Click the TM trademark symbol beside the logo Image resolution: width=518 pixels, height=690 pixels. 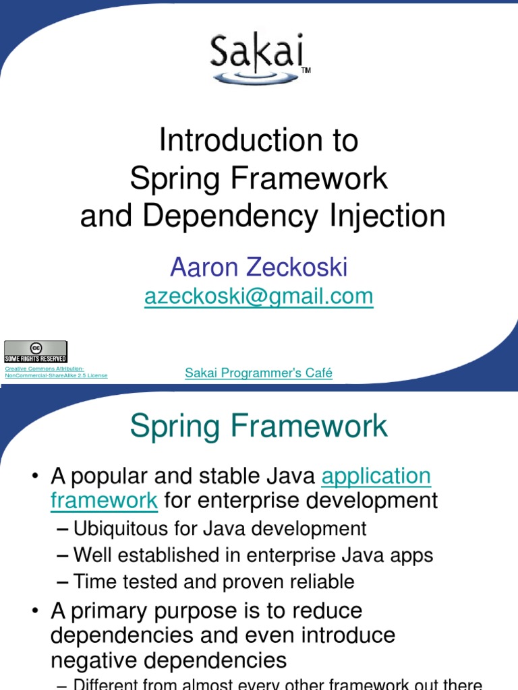(306, 70)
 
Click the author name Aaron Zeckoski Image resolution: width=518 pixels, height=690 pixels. (258, 267)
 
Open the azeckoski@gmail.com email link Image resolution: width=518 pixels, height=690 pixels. (258, 296)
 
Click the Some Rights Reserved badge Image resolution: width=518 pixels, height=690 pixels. (36, 352)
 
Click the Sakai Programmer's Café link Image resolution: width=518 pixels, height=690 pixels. (258, 373)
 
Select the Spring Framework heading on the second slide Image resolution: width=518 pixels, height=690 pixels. (258, 426)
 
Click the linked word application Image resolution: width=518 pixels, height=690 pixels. (376, 476)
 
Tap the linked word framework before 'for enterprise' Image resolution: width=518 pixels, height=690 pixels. (105, 501)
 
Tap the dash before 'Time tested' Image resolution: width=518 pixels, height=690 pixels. (62, 582)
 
